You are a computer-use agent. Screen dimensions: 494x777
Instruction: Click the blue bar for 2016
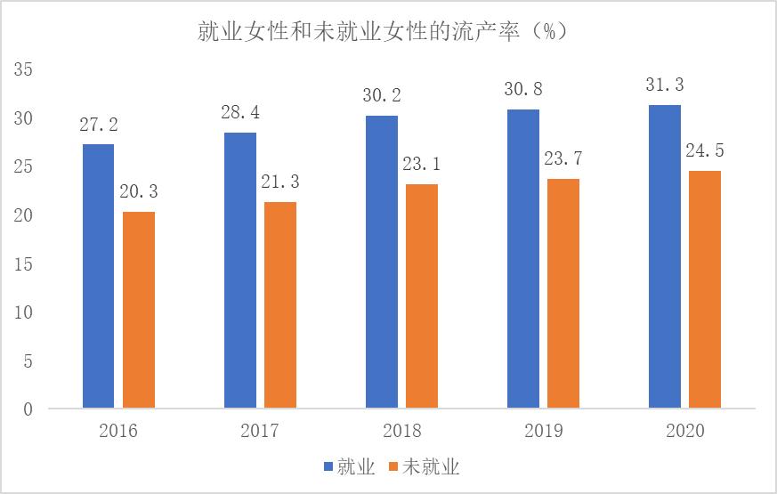coord(98,276)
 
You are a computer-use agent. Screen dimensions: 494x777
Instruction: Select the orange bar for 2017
coord(280,305)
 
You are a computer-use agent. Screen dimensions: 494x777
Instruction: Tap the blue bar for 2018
coord(382,262)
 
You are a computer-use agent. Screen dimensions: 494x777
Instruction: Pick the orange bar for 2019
coord(563,294)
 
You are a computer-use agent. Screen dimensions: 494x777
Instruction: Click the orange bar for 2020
coord(705,289)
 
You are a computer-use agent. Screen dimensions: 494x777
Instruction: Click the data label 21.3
coord(280,183)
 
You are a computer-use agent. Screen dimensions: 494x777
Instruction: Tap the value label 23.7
coord(563,160)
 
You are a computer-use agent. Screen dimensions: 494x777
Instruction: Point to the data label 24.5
coord(705,151)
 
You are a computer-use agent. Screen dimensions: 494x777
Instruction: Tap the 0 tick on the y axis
coord(28,409)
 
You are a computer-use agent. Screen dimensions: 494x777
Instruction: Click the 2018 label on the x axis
coord(401,432)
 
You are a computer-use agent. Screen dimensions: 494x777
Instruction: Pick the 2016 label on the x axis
coord(118,432)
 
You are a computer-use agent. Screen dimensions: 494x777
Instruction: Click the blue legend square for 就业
coord(328,466)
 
